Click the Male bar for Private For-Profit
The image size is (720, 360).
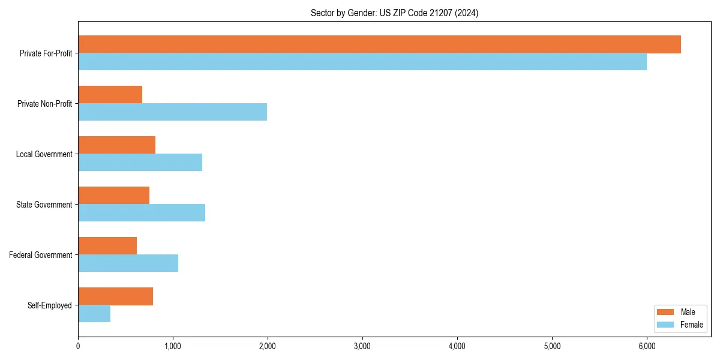[379, 44]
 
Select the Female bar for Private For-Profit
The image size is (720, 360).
[362, 62]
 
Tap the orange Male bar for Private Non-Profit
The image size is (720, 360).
[110, 95]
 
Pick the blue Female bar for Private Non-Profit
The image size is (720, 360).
[172, 112]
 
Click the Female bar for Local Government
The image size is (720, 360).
[140, 163]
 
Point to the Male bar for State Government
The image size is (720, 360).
[113, 196]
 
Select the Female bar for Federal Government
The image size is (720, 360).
[128, 263]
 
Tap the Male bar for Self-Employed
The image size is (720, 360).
[115, 296]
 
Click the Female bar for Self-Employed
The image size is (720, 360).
[94, 314]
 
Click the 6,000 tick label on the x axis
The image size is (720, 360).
[647, 346]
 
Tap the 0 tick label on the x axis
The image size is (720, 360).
[78, 346]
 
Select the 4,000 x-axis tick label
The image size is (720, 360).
[457, 346]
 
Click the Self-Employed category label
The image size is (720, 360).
[50, 305]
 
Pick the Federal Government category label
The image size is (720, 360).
[41, 255]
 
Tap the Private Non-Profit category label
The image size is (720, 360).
[44, 104]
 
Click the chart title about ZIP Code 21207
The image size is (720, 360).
[394, 13]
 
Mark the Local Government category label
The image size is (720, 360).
[44, 154]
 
